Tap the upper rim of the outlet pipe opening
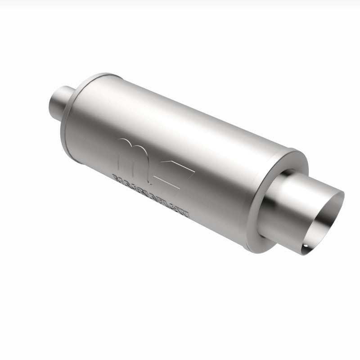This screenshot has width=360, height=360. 335,193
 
